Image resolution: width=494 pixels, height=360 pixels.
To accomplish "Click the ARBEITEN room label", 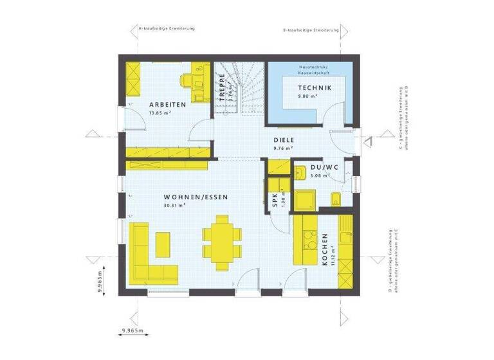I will click(x=168, y=105).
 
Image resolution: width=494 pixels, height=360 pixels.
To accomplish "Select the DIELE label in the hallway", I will click(x=283, y=139).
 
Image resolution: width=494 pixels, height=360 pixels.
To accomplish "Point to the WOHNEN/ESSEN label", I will click(x=196, y=197).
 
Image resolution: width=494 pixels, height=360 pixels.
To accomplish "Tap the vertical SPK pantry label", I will click(x=275, y=200).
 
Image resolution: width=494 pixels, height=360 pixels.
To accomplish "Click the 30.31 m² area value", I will click(x=174, y=206).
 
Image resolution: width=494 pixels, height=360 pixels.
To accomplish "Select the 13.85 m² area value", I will click(x=159, y=113).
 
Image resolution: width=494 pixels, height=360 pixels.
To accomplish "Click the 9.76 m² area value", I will click(x=283, y=147).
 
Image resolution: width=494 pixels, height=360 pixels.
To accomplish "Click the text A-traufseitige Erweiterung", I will click(x=162, y=29).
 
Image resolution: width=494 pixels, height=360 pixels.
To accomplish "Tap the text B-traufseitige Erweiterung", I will click(x=311, y=30).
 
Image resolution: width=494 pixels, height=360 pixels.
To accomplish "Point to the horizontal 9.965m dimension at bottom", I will click(x=132, y=330).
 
